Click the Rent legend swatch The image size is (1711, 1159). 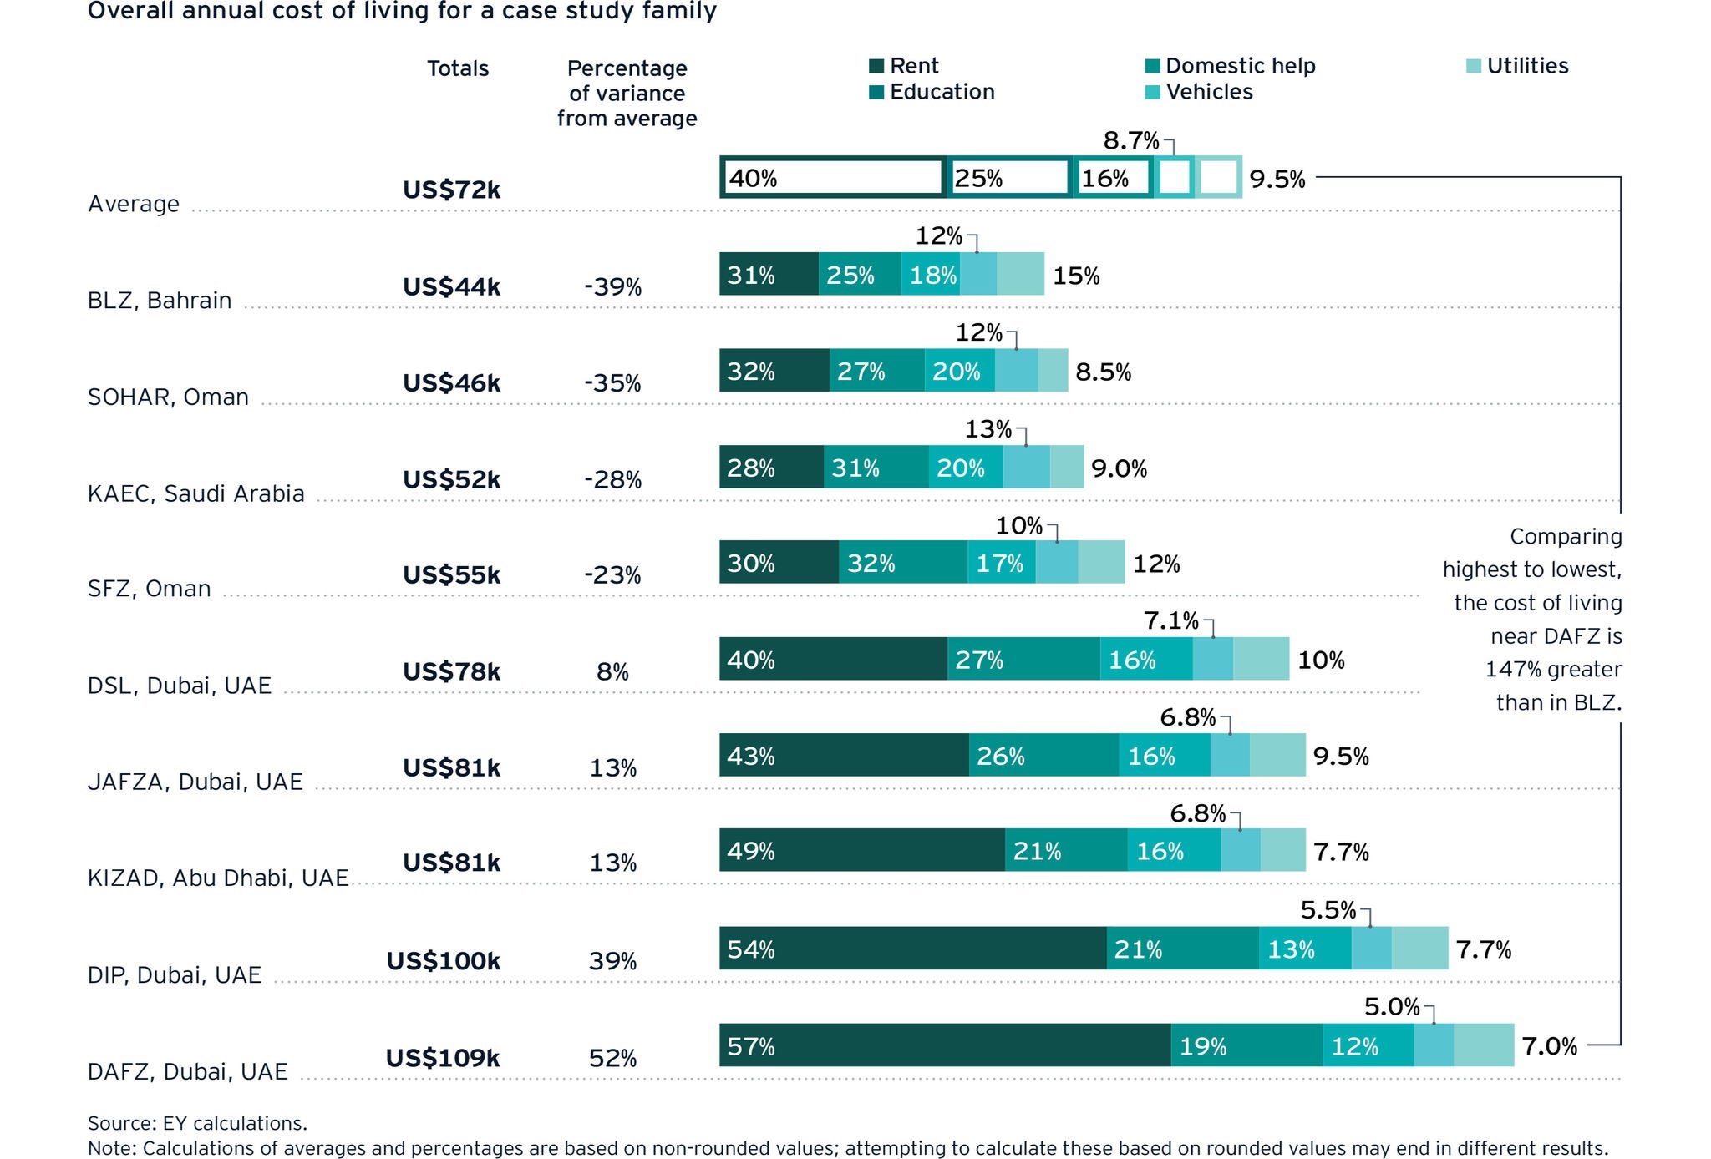pyautogui.click(x=876, y=66)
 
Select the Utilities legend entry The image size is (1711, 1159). pyautogui.click(x=1526, y=66)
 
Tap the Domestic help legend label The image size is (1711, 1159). pyautogui.click(x=1240, y=66)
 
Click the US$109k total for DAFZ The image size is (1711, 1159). pyautogui.click(x=443, y=1058)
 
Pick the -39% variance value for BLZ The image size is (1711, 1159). pyautogui.click(x=612, y=287)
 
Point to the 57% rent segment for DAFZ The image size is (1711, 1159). pyautogui.click(x=944, y=1045)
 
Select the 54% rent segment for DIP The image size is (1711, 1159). pyautogui.click(x=912, y=949)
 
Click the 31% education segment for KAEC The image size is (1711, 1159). pyautogui.click(x=876, y=468)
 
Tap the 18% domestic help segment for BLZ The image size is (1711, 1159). pyautogui.click(x=931, y=275)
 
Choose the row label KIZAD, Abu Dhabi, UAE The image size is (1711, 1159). pyautogui.click(x=218, y=878)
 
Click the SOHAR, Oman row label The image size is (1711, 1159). pyautogui.click(x=168, y=397)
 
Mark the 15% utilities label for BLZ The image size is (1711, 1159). pyautogui.click(x=1076, y=276)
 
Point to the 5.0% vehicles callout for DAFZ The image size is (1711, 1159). pyautogui.click(x=1392, y=1006)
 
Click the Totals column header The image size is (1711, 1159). pyautogui.click(x=458, y=68)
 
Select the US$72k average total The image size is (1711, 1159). pyautogui.click(x=451, y=190)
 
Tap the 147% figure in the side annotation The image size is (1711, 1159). pyautogui.click(x=1508, y=670)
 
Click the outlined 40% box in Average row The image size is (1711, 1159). pyautogui.click(x=832, y=178)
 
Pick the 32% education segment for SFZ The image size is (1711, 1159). pyautogui.click(x=902, y=563)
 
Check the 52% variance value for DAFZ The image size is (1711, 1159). pyautogui.click(x=612, y=1059)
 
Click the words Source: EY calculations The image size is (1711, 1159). pyautogui.click(x=197, y=1123)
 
